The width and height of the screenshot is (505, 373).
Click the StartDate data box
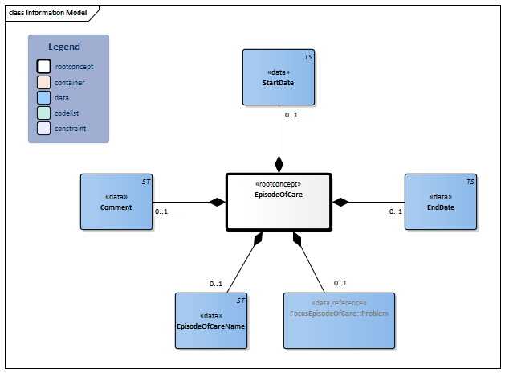click(279, 77)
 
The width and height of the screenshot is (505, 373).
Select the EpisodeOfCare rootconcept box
click(278, 201)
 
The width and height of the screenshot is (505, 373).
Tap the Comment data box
click(116, 202)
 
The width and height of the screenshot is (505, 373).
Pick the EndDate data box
click(440, 202)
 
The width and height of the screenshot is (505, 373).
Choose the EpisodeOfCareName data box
click(210, 320)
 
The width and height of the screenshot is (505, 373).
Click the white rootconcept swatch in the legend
click(44, 66)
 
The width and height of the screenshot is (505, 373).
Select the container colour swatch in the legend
click(44, 81)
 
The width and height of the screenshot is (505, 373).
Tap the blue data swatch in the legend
click(44, 96)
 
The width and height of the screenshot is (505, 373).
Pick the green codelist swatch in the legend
click(44, 113)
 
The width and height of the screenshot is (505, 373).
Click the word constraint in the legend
click(71, 128)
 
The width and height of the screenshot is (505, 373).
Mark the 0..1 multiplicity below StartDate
click(292, 115)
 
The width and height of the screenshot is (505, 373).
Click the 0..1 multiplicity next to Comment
click(161, 211)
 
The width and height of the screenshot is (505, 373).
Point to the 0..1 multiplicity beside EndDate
click(396, 211)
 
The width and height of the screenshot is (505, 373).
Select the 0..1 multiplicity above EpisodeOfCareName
click(216, 283)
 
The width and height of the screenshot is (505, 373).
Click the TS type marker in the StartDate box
click(308, 58)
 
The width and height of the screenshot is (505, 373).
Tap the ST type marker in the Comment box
click(146, 182)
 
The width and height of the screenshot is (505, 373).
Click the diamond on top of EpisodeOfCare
click(279, 165)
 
